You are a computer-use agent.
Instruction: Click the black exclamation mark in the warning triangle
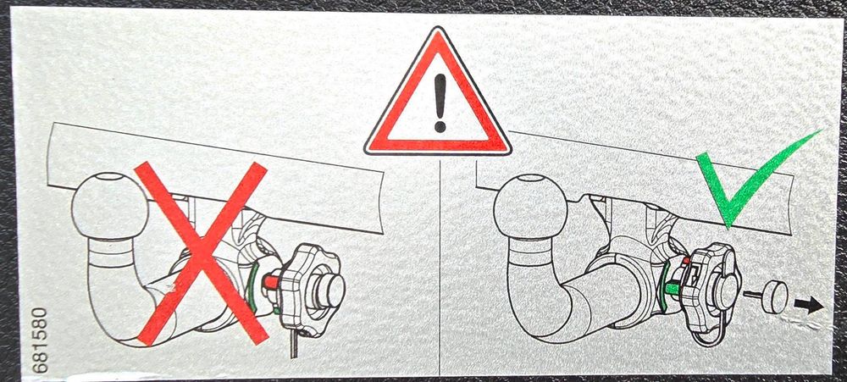point(440,102)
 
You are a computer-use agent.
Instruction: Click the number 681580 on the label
point(40,340)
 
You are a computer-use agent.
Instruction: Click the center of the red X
point(201,253)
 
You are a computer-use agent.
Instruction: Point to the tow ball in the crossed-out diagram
point(109,205)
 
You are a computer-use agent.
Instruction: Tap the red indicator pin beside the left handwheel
point(271,281)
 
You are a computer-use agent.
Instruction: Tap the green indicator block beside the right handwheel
point(673,289)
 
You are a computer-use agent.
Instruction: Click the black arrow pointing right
point(808,305)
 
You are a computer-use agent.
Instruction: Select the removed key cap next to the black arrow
point(773,296)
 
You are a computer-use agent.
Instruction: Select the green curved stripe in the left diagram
point(252,287)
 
